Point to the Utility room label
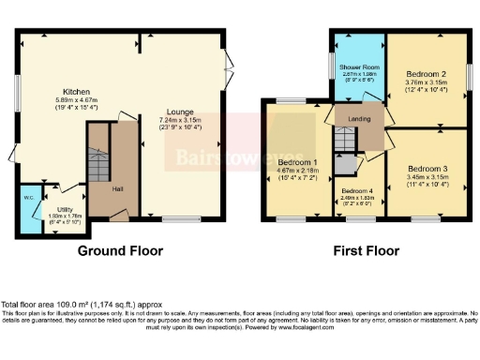pyautogui.click(x=65, y=211)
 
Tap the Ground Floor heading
pyautogui.click(x=120, y=251)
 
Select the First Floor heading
pyautogui.click(x=366, y=251)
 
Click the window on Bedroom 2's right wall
pyautogui.click(x=470, y=75)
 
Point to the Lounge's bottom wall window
pyautogui.click(x=175, y=219)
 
